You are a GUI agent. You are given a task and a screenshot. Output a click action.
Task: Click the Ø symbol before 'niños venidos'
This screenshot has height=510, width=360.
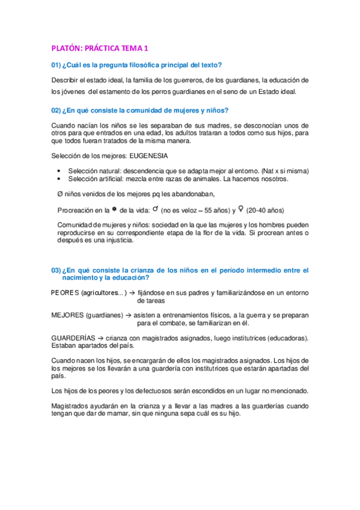coord(59,194)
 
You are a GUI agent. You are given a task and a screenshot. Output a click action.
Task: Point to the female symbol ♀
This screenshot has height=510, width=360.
coord(241,209)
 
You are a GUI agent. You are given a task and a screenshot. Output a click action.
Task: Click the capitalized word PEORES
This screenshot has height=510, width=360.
coord(65,293)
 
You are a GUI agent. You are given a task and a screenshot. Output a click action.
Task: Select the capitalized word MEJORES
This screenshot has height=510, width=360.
coord(66,315)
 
